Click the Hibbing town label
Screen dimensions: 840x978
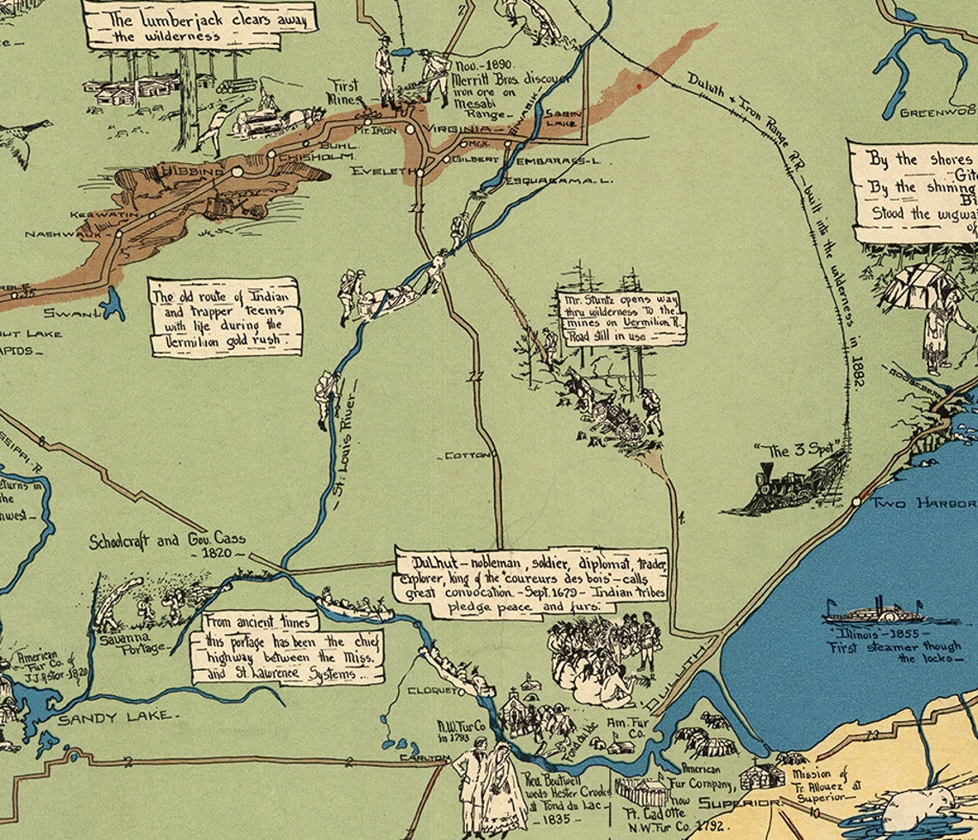pos(190,172)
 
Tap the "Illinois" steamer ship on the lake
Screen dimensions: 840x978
pos(871,613)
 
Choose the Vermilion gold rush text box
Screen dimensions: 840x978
pos(226,316)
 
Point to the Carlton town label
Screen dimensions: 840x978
pos(423,758)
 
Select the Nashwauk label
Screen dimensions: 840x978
pos(55,233)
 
